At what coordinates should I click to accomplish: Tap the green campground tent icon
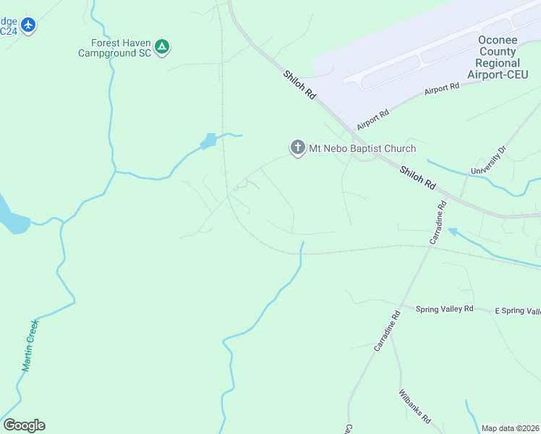[163, 48]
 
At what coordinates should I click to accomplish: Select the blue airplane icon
[28, 25]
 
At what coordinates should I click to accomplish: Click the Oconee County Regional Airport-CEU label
[496, 57]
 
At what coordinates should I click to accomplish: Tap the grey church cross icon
[297, 148]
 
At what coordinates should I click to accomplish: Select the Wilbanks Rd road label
[414, 407]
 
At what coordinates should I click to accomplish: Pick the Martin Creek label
[30, 346]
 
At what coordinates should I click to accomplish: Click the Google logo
[24, 425]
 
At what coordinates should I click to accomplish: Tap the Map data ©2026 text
[510, 428]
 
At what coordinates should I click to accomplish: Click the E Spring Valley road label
[517, 311]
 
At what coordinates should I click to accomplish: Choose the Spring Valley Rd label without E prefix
[444, 309]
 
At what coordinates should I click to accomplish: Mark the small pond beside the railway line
[208, 141]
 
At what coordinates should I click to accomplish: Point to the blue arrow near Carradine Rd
[453, 232]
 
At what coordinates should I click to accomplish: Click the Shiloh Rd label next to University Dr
[417, 176]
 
